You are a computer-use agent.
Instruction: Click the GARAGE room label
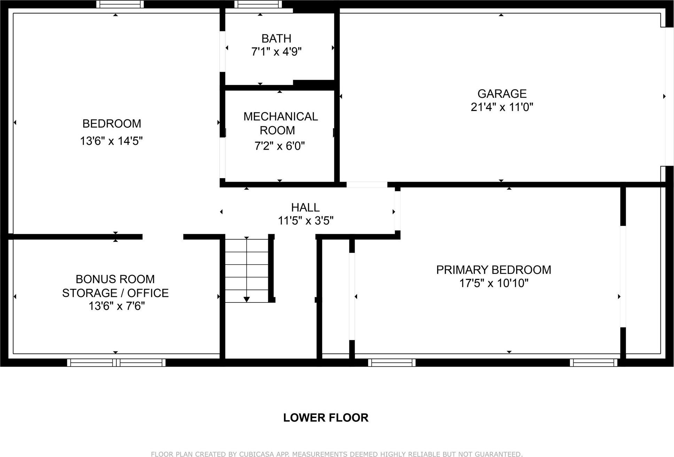tap(502, 94)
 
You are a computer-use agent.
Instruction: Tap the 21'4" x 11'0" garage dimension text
tap(502, 107)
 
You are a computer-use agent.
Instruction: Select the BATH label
tap(276, 38)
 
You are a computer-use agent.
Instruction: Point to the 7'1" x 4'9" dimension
tap(276, 52)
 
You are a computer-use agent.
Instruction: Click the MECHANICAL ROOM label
tap(280, 123)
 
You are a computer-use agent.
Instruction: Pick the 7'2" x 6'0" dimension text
tap(279, 146)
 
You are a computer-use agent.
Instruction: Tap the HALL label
tap(305, 207)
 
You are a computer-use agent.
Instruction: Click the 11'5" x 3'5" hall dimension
tap(305, 221)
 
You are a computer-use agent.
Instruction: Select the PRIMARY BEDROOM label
tap(493, 270)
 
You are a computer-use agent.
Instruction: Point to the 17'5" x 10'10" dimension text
tap(494, 283)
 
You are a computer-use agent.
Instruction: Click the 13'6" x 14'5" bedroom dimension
tap(111, 141)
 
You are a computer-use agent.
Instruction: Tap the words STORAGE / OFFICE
tap(115, 293)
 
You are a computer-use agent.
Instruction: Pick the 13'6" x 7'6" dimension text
tap(116, 306)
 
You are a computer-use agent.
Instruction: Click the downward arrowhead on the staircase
tap(247, 299)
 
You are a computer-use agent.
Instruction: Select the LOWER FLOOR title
tap(325, 418)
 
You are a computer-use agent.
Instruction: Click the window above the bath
tap(258, 4)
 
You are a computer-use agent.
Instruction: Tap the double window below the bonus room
tap(116, 363)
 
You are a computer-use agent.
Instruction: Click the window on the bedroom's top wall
tap(120, 4)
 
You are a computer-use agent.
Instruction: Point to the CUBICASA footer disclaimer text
tap(336, 454)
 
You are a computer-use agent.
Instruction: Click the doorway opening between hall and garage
tap(367, 184)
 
